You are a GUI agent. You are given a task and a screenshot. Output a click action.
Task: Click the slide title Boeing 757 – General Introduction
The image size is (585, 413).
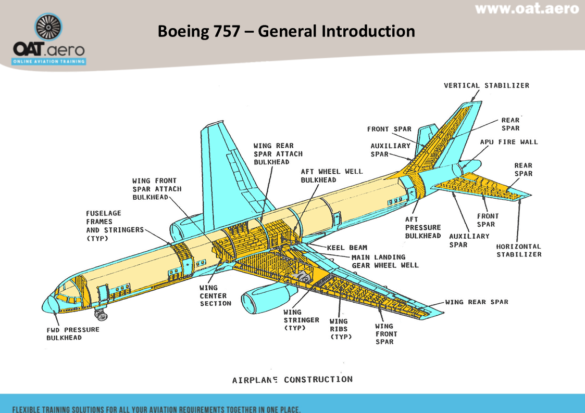pos(286,31)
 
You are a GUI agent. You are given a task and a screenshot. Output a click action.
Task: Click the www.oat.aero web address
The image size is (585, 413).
pos(527,9)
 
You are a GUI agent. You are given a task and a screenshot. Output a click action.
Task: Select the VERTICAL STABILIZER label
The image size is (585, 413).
pos(486,85)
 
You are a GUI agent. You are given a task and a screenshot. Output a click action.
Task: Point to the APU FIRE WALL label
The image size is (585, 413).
pos(509,142)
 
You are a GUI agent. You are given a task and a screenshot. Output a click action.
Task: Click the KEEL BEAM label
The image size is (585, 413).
pos(347,248)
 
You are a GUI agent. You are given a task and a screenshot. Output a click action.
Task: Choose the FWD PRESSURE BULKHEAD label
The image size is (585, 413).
pos(72,333)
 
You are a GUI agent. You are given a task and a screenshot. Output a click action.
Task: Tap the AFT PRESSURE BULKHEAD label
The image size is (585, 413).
pos(422,227)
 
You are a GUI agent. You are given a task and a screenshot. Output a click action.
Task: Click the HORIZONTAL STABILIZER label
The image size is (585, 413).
pos(518,250)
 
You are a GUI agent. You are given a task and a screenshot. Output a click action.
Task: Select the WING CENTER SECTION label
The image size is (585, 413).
pos(215,295)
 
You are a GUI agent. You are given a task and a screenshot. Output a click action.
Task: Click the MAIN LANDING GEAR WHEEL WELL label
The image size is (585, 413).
pos(385,261)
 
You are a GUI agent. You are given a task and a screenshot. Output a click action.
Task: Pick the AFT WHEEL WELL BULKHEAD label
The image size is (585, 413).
pos(331,175)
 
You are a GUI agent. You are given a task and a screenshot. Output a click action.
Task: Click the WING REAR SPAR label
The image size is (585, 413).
pos(476,302)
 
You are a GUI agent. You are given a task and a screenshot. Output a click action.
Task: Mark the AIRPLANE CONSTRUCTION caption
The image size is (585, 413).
pos(292,380)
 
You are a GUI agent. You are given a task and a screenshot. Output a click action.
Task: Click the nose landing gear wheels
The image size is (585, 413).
pos(101,315)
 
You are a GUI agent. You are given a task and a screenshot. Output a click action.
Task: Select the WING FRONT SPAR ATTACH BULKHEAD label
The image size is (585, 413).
pos(157,189)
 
